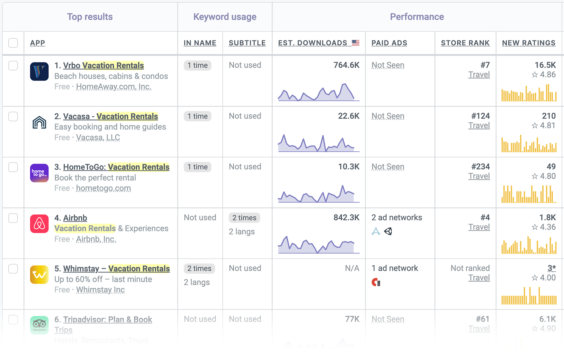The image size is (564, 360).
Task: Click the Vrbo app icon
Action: (39, 71)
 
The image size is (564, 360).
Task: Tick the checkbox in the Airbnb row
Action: (13, 218)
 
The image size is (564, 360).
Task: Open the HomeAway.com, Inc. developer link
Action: (113, 87)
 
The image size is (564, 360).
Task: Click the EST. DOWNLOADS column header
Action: (313, 43)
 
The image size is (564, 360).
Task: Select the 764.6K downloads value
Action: (346, 65)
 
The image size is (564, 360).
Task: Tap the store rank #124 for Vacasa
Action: (480, 116)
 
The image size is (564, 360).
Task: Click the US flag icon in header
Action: (355, 43)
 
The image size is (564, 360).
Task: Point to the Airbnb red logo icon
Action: (39, 224)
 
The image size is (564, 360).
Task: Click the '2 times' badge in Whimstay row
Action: (199, 269)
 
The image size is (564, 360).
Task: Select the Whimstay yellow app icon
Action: (39, 275)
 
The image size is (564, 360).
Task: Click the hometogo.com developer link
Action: (103, 188)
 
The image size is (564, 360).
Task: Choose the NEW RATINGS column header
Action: (529, 43)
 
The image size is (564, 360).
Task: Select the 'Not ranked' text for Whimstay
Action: (470, 268)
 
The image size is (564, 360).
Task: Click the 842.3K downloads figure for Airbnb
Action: (346, 218)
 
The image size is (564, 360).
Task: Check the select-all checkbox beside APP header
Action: (13, 43)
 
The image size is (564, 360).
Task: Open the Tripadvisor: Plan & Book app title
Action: (107, 319)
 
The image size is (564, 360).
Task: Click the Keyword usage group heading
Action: (225, 17)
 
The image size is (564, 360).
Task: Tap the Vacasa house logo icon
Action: (39, 122)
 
